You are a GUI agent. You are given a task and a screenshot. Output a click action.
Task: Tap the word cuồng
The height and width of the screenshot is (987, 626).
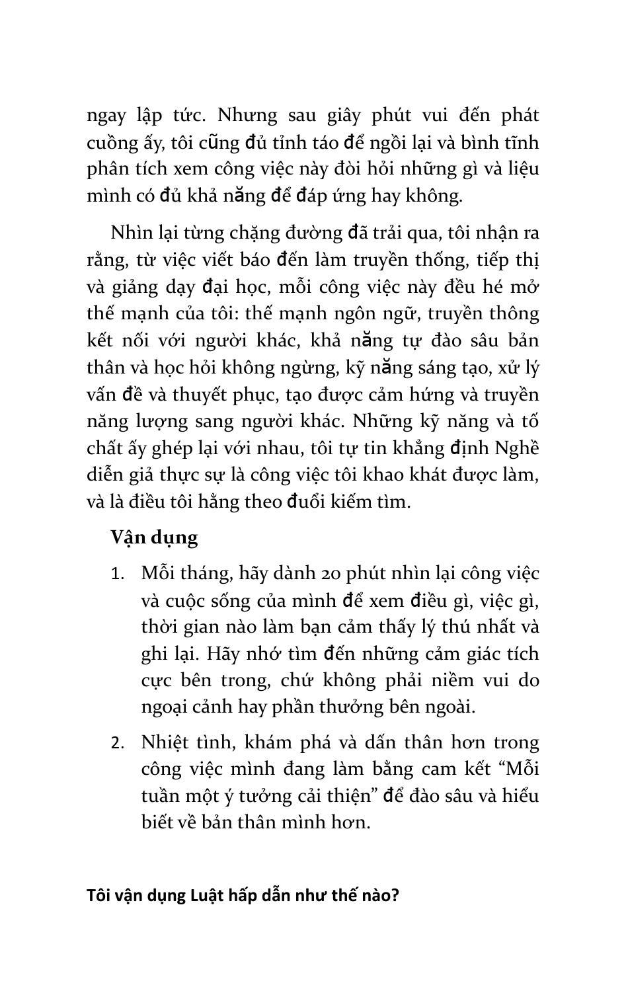click(111, 143)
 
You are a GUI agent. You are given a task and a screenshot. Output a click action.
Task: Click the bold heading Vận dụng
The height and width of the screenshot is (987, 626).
click(154, 537)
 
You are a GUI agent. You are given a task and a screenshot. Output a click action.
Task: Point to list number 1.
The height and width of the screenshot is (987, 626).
click(117, 574)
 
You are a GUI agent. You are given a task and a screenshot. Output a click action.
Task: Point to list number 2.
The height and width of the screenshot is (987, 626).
click(118, 743)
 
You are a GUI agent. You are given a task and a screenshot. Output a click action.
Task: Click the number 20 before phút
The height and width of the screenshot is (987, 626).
click(336, 573)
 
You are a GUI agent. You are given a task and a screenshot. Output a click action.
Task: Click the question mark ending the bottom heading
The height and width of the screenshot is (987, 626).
click(395, 896)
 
